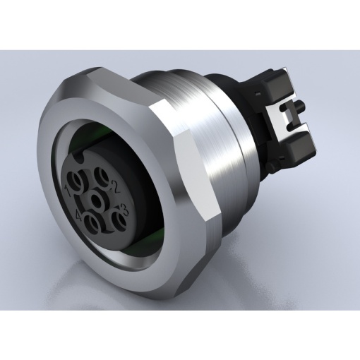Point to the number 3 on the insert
coord(124,208)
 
